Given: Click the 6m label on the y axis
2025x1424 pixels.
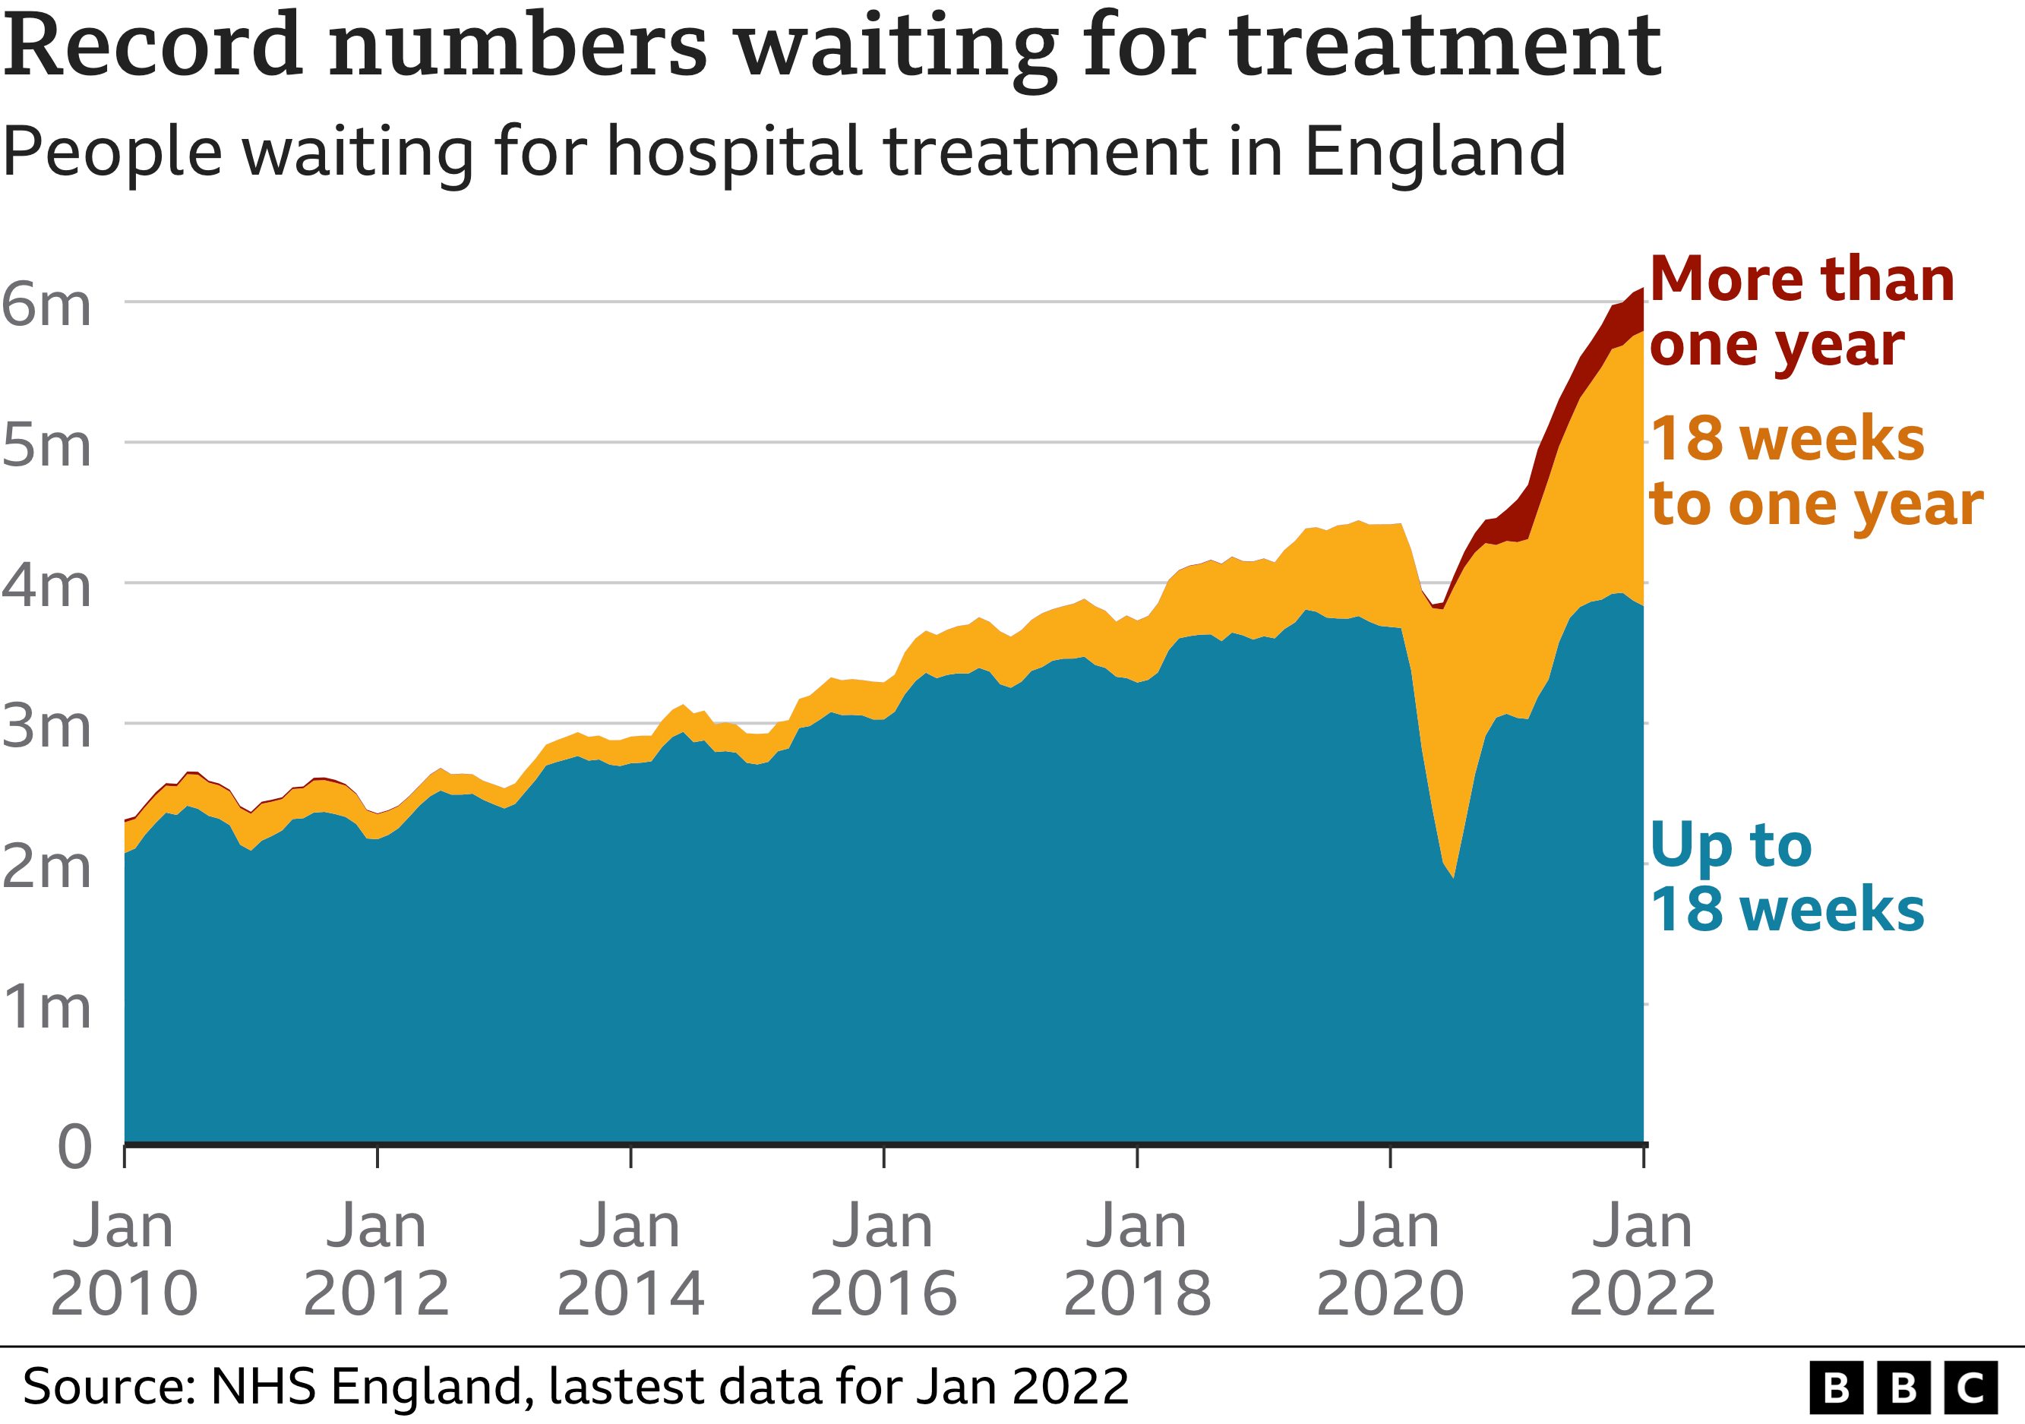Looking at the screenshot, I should [x=46, y=306].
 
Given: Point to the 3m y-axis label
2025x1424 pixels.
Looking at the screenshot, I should [x=46, y=728].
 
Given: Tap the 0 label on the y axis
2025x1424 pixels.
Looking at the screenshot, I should [x=74, y=1148].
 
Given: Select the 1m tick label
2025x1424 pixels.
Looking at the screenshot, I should [x=46, y=1007].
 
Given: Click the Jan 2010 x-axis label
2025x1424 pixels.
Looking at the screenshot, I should [x=124, y=1259].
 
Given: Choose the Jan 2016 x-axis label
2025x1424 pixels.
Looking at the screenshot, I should [x=883, y=1259].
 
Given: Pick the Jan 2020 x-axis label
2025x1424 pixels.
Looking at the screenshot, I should [x=1389, y=1259].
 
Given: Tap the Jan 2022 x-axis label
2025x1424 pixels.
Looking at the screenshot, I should [x=1642, y=1259].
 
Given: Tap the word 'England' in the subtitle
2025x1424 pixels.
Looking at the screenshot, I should [x=1434, y=152].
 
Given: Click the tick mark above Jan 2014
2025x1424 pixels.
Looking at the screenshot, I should [x=630, y=1157].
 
